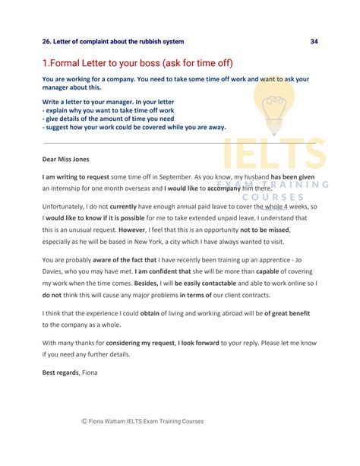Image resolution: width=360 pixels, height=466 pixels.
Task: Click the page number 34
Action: tap(314, 41)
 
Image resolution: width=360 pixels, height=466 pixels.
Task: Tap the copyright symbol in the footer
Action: tap(85, 421)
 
